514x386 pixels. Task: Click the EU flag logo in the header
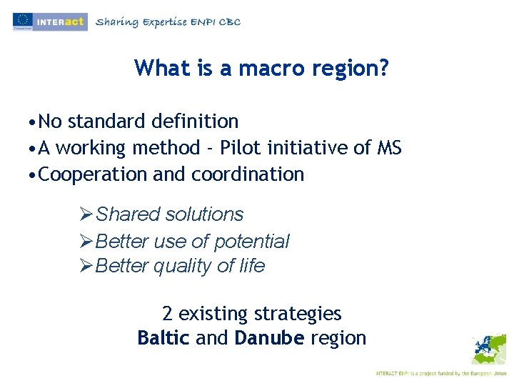point(21,20)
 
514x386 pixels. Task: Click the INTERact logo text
point(61,21)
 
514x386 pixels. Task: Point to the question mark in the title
point(385,68)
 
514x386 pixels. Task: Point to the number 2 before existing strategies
point(167,314)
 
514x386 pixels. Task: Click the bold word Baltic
point(163,338)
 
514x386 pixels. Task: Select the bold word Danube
point(269,338)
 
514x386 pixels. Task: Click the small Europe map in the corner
point(488,350)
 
